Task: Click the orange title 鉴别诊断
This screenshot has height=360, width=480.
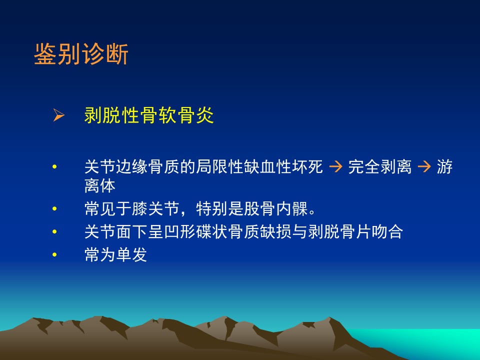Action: coord(81,54)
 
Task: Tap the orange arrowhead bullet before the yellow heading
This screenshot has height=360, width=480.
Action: coord(59,115)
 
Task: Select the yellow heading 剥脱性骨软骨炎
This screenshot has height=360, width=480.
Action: coord(149,115)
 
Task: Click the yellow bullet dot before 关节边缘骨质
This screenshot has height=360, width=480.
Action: coord(54,167)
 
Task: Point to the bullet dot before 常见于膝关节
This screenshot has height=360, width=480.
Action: coord(54,209)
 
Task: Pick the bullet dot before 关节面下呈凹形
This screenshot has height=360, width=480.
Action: coord(54,231)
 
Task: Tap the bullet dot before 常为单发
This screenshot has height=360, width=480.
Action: coord(54,254)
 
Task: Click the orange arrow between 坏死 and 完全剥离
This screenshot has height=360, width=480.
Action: coord(335,167)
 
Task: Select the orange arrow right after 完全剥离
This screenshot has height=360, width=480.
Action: coord(424,167)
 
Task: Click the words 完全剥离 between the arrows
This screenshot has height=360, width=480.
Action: coord(380,167)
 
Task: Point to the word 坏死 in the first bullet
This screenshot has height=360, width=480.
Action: coord(307,167)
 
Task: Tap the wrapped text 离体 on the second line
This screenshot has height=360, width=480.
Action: coord(100,186)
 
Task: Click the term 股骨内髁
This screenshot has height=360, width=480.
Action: coord(276,209)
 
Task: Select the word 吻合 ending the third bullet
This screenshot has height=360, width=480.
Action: coord(387,231)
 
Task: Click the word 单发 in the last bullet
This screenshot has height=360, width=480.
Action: coord(131,254)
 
